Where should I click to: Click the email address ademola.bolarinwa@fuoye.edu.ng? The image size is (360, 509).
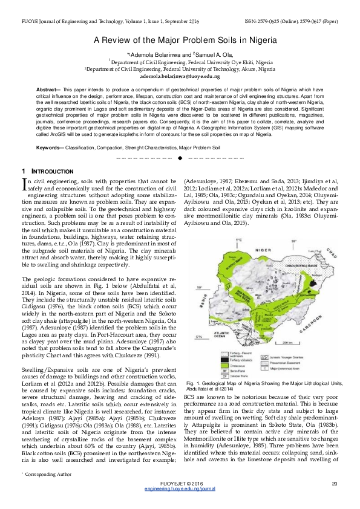(x=180, y=77)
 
